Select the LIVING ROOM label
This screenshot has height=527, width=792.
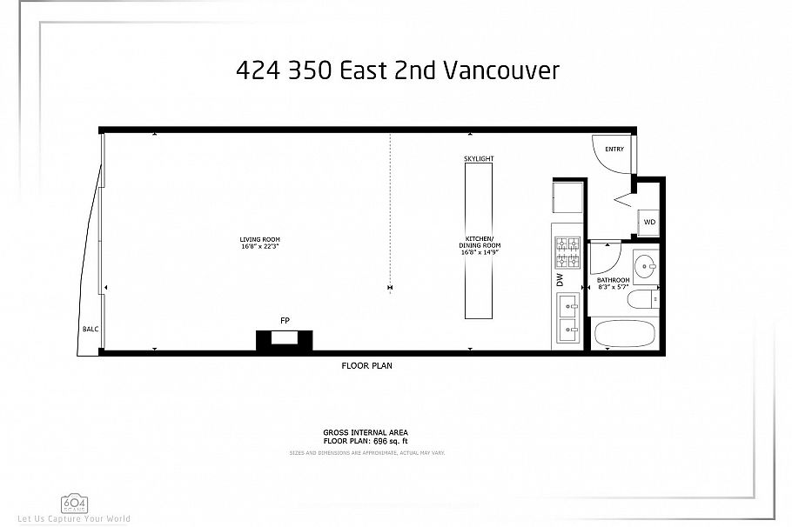(x=259, y=243)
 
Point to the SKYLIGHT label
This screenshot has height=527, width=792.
(x=480, y=159)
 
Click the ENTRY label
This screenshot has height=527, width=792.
(x=614, y=149)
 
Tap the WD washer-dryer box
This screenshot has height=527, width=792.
(x=649, y=223)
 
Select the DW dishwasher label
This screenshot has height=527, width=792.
(x=560, y=280)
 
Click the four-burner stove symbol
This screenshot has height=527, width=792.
(x=567, y=251)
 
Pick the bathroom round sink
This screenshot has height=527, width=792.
(x=646, y=267)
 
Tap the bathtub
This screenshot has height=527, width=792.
(x=626, y=334)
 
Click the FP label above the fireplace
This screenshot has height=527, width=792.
(x=284, y=322)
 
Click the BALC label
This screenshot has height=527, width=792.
(x=90, y=330)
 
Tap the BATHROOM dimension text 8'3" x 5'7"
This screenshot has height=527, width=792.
(x=614, y=286)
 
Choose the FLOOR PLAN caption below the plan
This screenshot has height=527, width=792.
(x=366, y=366)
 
